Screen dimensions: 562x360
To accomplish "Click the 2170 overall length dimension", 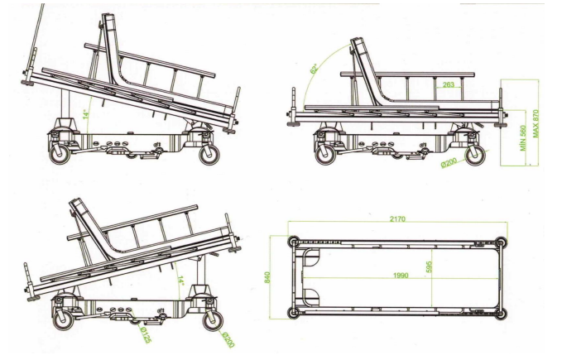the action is pos(397,218).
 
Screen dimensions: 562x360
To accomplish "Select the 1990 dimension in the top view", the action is pos(401,275).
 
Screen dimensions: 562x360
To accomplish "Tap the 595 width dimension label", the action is pos(429,266).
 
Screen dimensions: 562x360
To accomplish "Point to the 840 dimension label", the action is pos(267,277).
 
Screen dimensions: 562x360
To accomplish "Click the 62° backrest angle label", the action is pos(315,69).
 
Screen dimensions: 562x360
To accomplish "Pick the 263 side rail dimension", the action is pos(449,84).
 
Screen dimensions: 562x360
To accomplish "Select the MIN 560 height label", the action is pos(523,138).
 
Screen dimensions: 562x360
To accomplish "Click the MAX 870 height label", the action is pos(536,123).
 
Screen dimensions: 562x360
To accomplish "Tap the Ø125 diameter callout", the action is pos(144,335).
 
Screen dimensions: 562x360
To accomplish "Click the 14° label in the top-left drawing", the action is pos(85,114).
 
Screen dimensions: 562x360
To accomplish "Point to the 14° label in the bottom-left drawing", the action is pos(181,281).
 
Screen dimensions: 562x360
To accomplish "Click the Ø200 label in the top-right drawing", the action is pos(449,162).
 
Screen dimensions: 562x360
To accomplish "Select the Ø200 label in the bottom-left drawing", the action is pos(228,340).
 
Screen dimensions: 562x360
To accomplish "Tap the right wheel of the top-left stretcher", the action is pos(209,155).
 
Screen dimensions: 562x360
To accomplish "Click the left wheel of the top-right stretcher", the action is pos(326,155).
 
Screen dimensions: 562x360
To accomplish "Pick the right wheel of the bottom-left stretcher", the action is pos(213,320).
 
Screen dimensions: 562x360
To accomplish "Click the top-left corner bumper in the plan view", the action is pos(294,242).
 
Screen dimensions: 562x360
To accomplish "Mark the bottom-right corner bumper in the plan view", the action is pos(502,314).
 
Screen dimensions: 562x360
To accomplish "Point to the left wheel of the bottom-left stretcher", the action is pos(64,320).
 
